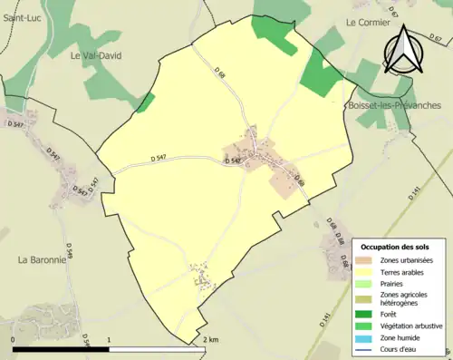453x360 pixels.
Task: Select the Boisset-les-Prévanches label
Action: coord(393,105)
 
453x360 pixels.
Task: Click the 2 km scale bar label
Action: coord(210,339)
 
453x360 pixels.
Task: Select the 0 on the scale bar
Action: coord(13,339)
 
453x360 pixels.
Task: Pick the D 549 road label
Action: coord(69,249)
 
